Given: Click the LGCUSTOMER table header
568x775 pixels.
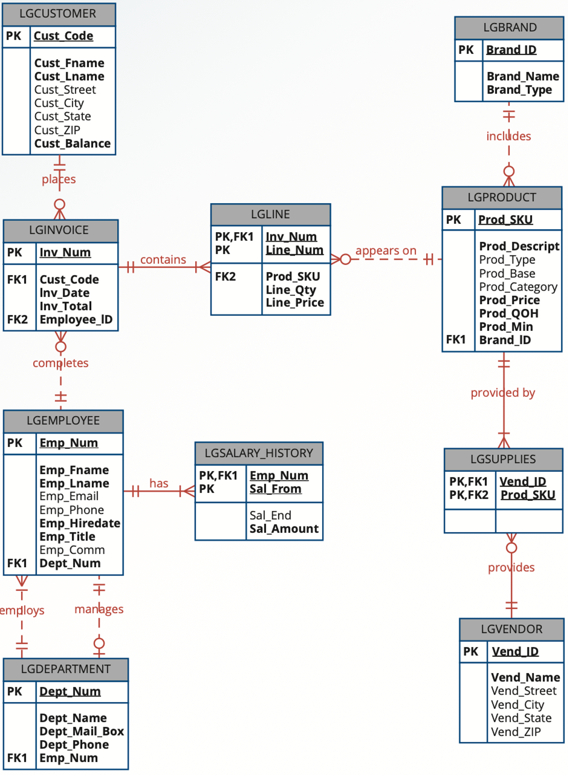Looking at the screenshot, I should pos(58,14).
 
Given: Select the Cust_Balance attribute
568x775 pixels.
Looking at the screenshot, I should pos(73,143).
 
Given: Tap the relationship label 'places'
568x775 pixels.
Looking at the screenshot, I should pos(59,179).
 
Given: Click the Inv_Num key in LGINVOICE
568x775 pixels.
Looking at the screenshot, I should pos(65,252).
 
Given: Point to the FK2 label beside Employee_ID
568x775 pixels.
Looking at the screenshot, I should pos(17,319).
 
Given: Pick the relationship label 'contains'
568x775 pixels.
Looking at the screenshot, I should pos(163,260).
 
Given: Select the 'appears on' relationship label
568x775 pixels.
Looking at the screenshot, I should pos(386,250).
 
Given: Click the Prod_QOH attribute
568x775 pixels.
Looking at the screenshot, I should pos(509,313).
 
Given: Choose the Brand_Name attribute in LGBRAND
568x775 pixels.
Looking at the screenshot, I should pos(523,76).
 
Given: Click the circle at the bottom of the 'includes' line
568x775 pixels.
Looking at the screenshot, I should pos(509,171).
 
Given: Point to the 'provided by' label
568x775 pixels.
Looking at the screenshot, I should pos(503,393).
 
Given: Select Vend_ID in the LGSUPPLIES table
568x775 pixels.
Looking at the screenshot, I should pos(523,481).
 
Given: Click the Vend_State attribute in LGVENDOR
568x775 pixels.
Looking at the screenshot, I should pos(521,718).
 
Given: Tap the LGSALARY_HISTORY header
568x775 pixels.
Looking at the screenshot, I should pos(259,453).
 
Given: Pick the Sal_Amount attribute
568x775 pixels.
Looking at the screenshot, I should pos(284,529).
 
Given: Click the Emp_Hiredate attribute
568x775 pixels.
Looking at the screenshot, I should pos(80,523).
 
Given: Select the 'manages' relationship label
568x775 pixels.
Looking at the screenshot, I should pos(99,609).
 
